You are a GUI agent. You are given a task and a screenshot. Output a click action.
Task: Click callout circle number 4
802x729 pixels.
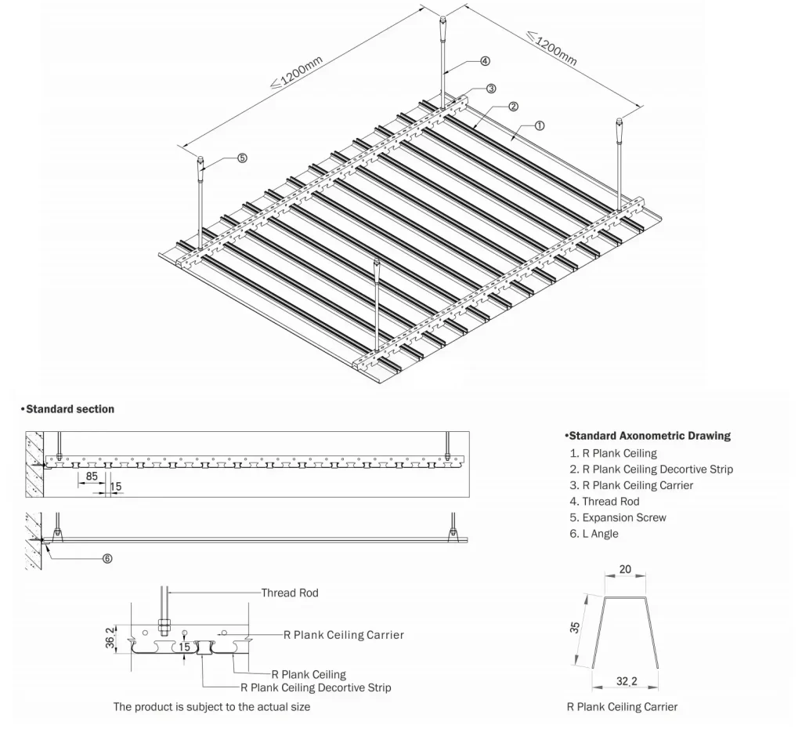click(485, 60)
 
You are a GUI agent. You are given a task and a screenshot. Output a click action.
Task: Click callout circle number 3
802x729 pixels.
click(491, 88)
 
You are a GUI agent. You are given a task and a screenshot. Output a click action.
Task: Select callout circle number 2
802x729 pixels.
click(513, 106)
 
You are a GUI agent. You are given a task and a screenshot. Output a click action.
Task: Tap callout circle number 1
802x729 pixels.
click(540, 125)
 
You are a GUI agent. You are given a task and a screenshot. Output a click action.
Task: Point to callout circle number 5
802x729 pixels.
click(242, 158)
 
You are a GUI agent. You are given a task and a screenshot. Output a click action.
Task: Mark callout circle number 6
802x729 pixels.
click(107, 559)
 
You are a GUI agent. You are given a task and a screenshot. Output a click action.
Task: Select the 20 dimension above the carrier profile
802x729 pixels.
click(625, 570)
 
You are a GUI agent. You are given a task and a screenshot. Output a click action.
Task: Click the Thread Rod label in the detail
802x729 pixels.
click(290, 593)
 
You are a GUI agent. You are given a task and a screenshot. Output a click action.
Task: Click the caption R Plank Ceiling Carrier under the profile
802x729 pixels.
click(622, 707)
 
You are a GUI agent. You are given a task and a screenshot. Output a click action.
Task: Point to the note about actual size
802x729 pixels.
click(211, 707)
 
